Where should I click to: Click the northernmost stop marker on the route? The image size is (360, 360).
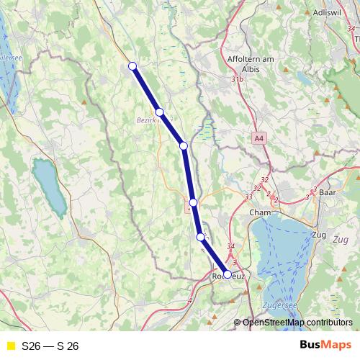(132, 67)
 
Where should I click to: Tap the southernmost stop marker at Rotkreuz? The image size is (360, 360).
(228, 274)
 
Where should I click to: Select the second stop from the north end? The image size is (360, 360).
(160, 112)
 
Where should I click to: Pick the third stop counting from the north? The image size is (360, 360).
(184, 146)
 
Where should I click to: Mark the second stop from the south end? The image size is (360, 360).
(200, 236)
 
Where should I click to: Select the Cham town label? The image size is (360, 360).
(258, 213)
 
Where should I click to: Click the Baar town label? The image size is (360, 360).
(328, 193)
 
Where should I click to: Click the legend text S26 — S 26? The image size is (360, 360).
(50, 346)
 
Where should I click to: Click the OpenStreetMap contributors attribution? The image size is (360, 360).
(297, 323)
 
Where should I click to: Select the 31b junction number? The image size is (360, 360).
(238, 79)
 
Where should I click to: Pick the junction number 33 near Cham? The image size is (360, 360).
(248, 196)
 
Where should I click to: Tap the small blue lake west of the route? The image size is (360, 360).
(47, 184)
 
